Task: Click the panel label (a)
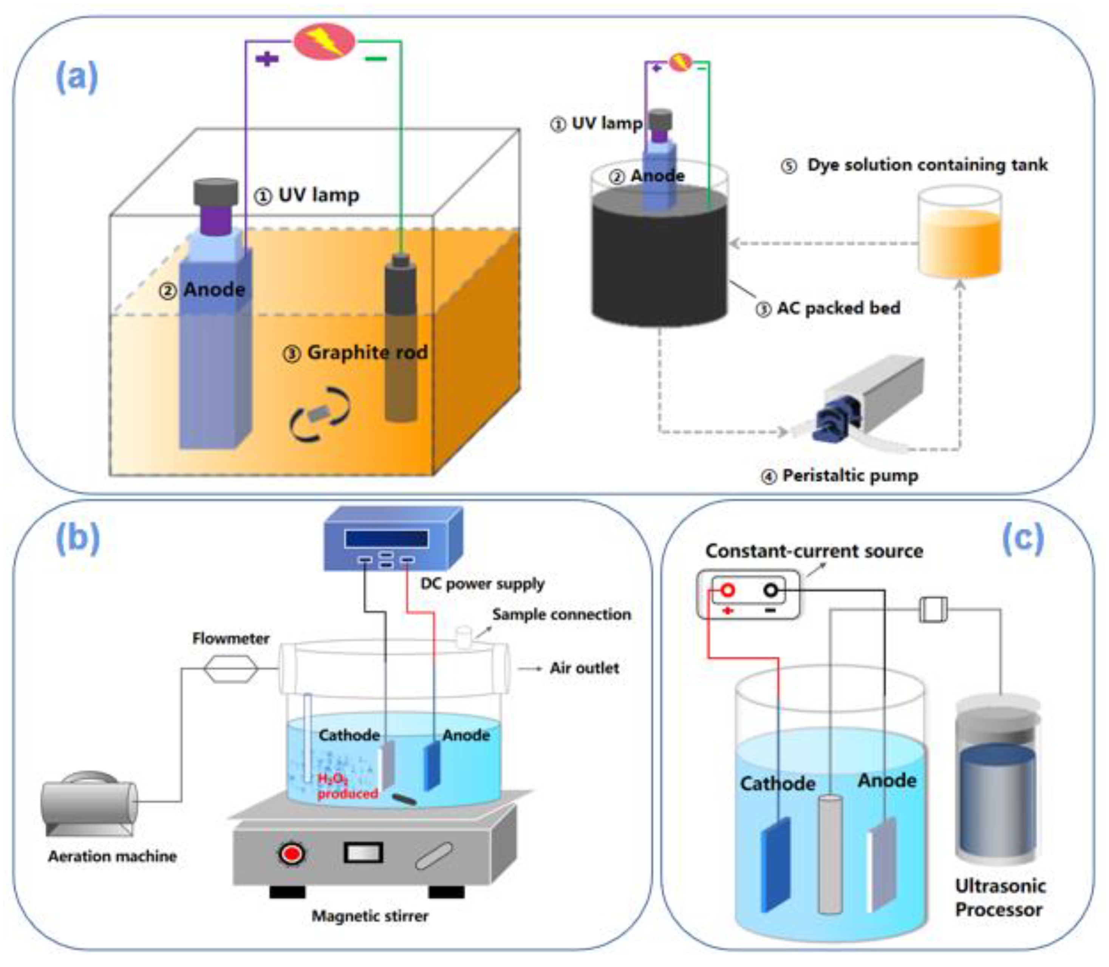coord(77,77)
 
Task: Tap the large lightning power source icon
coord(324,42)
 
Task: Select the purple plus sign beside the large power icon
coord(267,58)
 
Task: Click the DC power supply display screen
coord(387,539)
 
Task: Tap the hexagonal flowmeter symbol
coord(231,669)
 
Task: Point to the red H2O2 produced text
coord(346,786)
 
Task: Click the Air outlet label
coord(584,668)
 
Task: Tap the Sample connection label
coord(561,614)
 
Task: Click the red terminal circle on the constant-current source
coord(727,590)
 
